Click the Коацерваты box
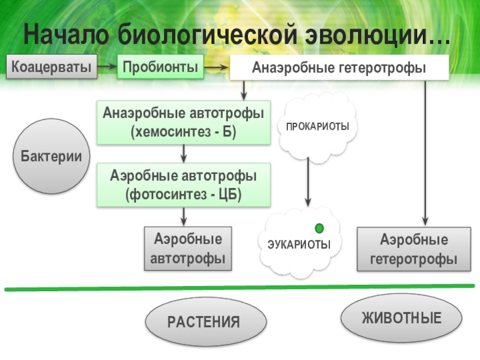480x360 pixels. [53, 67]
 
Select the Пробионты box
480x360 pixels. [160, 67]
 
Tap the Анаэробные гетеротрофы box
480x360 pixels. [339, 68]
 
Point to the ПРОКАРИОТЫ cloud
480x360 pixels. [317, 127]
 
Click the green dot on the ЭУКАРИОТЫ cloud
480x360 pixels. [319, 228]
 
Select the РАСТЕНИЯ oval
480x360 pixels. [203, 322]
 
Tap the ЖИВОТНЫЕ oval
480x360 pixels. [401, 318]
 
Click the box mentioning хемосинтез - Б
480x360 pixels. [184, 122]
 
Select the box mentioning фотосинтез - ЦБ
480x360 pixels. [184, 185]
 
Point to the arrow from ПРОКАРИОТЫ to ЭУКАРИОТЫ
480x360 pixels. [308, 183]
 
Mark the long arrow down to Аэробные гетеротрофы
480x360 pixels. [425, 150]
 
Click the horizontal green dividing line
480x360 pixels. [240, 288]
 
